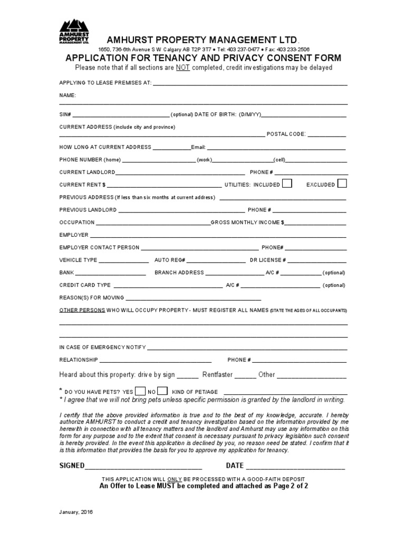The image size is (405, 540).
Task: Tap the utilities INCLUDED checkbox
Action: (x=287, y=184)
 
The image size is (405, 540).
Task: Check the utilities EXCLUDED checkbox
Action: (x=342, y=184)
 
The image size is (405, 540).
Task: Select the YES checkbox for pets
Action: (x=140, y=391)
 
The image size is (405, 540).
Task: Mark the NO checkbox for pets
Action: (x=163, y=391)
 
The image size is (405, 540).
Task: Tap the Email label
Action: (x=198, y=147)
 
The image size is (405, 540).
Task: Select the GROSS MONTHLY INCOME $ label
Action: (x=247, y=223)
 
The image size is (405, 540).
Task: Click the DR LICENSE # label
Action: (x=268, y=260)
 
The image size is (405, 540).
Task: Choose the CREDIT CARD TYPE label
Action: (x=85, y=285)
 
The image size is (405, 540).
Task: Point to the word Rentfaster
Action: (x=217, y=375)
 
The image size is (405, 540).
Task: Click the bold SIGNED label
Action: (x=72, y=466)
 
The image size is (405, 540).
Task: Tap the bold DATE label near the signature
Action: (x=235, y=466)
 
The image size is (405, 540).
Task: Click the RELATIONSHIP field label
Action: (x=78, y=360)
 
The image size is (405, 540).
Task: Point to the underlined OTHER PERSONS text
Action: (x=82, y=310)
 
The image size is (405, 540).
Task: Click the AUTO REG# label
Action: (x=169, y=260)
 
